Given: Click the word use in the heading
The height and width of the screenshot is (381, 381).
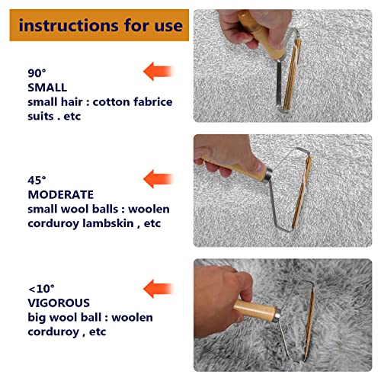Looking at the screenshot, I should click(x=168, y=25).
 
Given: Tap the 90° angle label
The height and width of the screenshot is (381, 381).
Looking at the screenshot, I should click(x=37, y=73).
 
